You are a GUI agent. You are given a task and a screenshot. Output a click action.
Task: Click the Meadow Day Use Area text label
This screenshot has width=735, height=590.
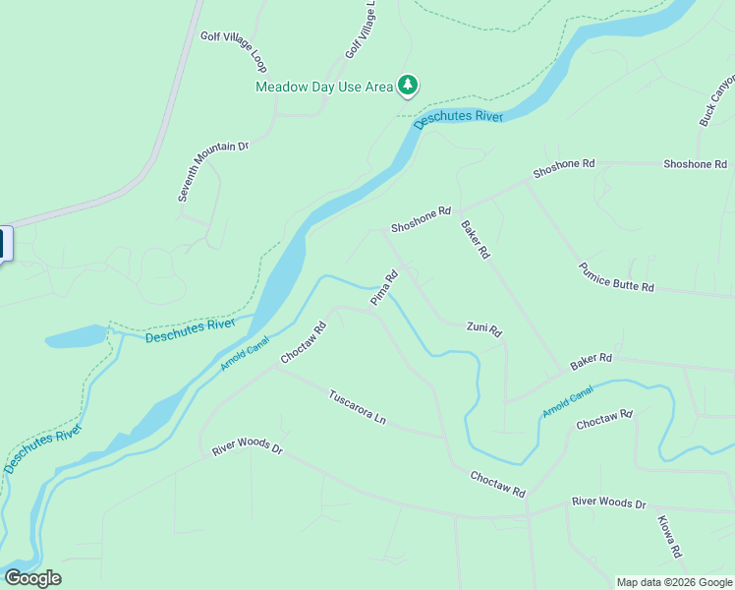coord(323,87)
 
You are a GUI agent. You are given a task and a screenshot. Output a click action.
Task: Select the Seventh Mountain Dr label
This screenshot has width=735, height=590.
coord(213,171)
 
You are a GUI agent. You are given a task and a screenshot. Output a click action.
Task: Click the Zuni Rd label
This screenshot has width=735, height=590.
coord(484,329)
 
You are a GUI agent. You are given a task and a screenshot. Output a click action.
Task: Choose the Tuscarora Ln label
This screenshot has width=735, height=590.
coord(357,406)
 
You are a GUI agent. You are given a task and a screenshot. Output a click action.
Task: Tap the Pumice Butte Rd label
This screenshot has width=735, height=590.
coord(616,277)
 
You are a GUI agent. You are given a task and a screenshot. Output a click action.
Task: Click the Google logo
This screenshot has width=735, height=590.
coord(32,578)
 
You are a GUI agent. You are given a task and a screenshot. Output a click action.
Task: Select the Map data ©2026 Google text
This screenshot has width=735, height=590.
coord(674,582)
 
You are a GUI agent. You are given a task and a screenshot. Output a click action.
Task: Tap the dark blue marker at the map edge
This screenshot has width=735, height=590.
coord(5,244)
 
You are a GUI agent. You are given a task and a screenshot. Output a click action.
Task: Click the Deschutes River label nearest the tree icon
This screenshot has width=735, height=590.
coord(458,118)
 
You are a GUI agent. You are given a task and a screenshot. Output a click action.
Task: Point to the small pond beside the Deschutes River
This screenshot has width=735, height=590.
coord(74,337)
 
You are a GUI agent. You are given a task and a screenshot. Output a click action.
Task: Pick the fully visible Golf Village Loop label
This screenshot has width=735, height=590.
coord(234,50)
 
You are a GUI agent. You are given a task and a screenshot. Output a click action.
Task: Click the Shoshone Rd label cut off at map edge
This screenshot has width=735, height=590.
coord(695,164)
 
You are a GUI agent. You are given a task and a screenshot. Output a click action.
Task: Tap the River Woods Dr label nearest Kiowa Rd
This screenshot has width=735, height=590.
coord(608,503)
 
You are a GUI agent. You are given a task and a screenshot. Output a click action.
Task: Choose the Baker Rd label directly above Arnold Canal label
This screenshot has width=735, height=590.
coord(592,363)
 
